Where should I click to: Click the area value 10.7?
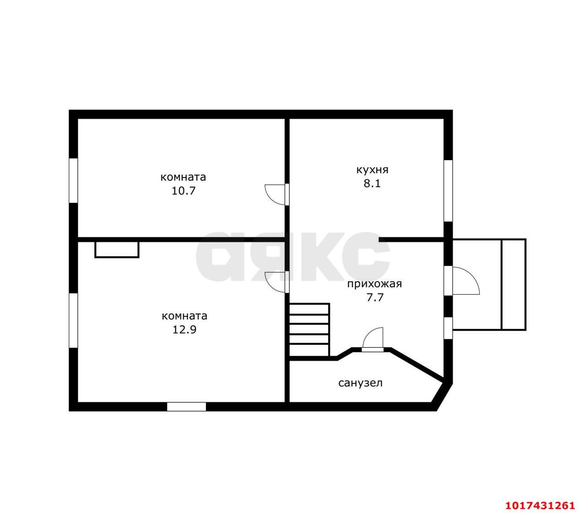pyautogui.click(x=184, y=191)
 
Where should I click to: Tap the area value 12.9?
pyautogui.click(x=184, y=330)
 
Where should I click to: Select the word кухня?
pyautogui.click(x=372, y=170)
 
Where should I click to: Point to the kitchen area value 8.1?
pyautogui.click(x=372, y=184)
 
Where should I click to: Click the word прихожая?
pyautogui.click(x=374, y=284)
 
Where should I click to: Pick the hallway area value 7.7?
pyautogui.click(x=375, y=298)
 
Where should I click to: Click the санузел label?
pyautogui.click(x=360, y=383)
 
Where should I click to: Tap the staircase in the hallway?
pyautogui.click(x=309, y=330)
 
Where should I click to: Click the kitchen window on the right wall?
pyautogui.click(x=448, y=191)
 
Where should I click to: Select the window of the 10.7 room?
pyautogui.click(x=73, y=180)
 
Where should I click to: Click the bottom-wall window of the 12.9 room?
pyautogui.click(x=187, y=407)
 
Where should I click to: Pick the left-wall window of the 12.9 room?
pyautogui.click(x=73, y=320)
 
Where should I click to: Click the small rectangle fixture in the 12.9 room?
pyautogui.click(x=117, y=249)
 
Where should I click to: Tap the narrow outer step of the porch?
pyautogui.click(x=513, y=285)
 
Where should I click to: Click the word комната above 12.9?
pyautogui.click(x=184, y=316)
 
